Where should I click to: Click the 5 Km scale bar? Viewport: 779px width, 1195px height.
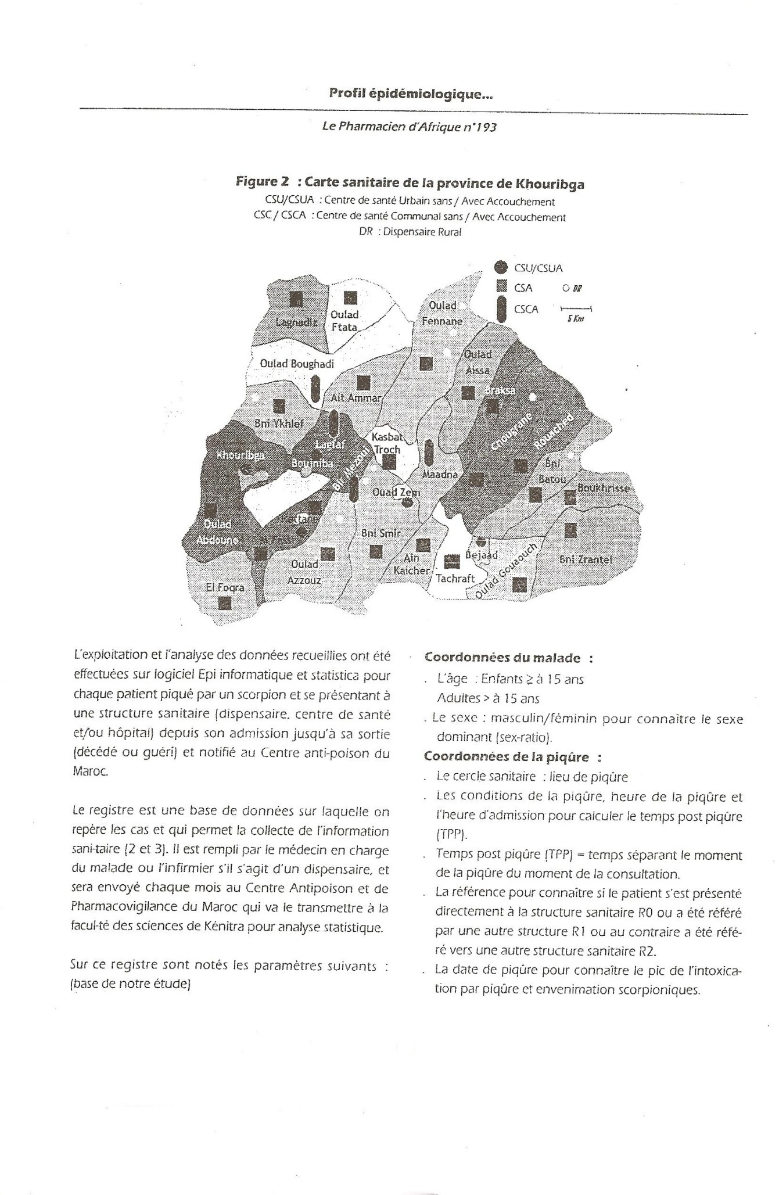(x=576, y=308)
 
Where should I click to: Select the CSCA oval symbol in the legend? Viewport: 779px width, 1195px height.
(x=500, y=308)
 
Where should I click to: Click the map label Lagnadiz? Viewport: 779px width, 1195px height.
(x=296, y=322)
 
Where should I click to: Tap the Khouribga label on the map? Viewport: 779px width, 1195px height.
(x=240, y=455)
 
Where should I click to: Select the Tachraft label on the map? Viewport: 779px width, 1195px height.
(x=455, y=579)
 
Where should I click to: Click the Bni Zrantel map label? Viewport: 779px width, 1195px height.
(x=586, y=559)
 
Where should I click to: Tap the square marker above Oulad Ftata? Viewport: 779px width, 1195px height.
(x=350, y=298)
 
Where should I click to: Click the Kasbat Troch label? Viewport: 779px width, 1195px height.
(x=386, y=443)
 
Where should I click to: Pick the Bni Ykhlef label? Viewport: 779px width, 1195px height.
(x=279, y=424)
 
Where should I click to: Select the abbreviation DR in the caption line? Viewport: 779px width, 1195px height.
(x=366, y=232)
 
